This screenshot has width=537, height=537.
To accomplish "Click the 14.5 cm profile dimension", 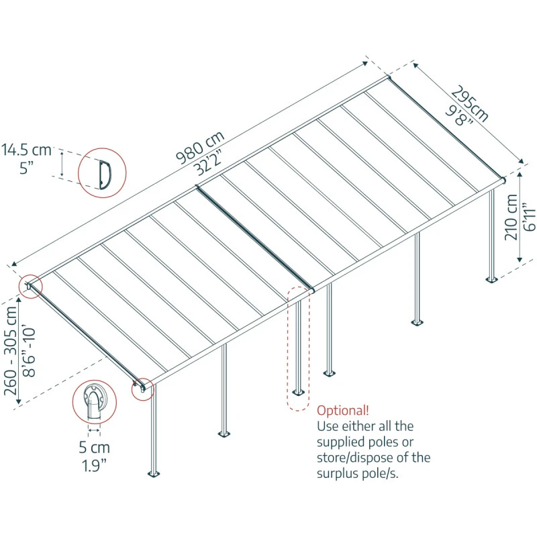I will (26, 149).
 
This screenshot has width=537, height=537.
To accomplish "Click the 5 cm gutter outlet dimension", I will (95, 447).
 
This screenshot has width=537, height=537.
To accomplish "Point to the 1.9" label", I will (95, 466).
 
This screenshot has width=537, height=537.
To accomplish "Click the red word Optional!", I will (342, 410).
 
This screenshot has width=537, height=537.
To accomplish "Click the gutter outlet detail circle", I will (95, 402).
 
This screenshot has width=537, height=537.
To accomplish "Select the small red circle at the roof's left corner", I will (30, 287).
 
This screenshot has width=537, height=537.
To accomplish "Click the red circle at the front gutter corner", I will (142, 389).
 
